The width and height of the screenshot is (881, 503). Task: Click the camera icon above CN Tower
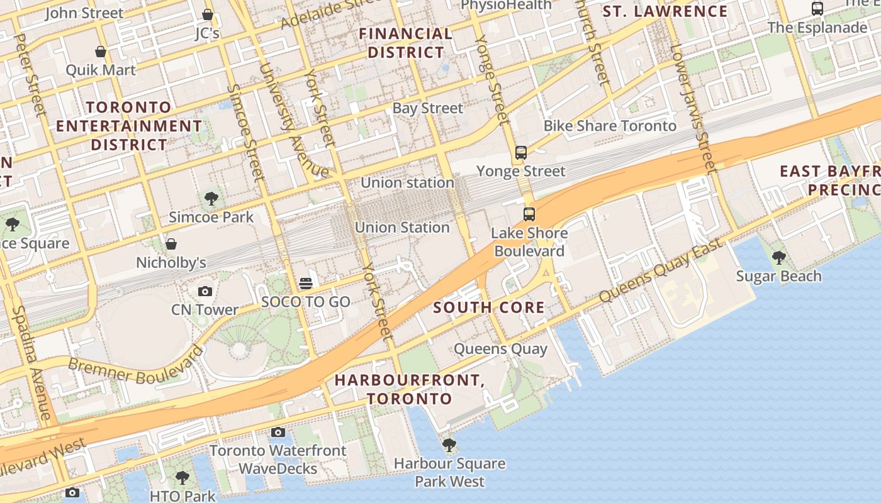click(205, 291)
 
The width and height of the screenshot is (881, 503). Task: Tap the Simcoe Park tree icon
click(211, 199)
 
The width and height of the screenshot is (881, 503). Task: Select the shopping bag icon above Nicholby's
click(171, 244)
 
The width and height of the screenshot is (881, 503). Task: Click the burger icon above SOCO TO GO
click(306, 284)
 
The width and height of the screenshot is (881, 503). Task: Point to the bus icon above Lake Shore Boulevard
click(529, 214)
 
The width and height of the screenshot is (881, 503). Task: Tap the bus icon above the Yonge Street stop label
click(521, 152)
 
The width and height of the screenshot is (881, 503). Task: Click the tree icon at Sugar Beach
click(779, 257)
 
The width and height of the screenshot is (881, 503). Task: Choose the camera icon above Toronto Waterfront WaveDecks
click(278, 432)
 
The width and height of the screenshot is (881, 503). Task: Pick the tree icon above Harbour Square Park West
click(449, 445)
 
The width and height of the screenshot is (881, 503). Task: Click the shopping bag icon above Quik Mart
click(101, 51)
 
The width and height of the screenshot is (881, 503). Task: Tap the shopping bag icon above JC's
click(208, 14)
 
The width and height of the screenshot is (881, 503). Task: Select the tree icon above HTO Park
click(182, 478)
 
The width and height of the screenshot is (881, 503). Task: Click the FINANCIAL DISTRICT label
click(406, 43)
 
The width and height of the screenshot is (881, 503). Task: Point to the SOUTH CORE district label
click(489, 307)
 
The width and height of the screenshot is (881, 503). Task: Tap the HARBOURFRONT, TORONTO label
click(409, 389)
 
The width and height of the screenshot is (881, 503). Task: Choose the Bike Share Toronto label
click(610, 126)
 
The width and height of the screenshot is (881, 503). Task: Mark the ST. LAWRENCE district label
click(665, 11)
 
